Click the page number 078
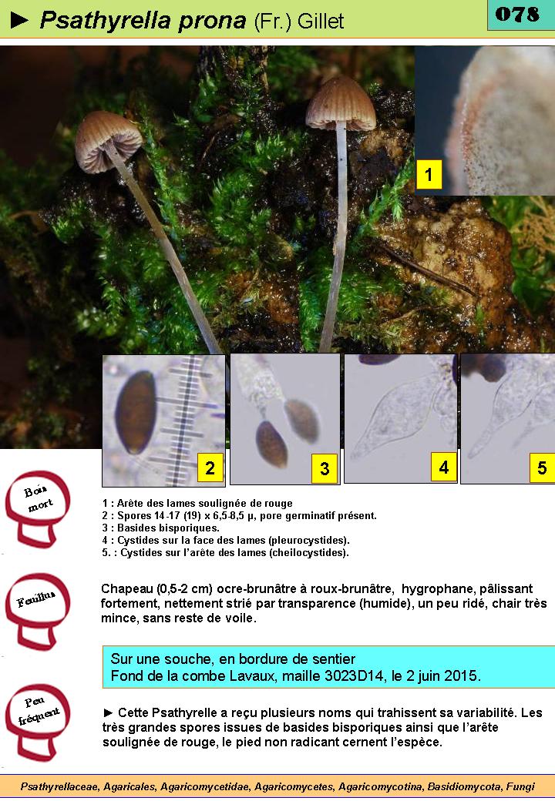tap(517, 14)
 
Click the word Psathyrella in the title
tap(105, 21)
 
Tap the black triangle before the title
tap(19, 20)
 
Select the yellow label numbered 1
tap(429, 174)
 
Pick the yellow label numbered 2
tap(210, 468)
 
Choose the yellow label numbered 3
tap(325, 468)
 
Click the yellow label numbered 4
tap(443, 467)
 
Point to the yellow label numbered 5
tap(542, 467)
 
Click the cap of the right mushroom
tap(341, 103)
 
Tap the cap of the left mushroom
tap(108, 142)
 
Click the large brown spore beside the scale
tap(136, 413)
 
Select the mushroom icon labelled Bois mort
tap(38, 508)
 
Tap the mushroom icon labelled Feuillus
tap(38, 611)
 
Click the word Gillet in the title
tap(321, 22)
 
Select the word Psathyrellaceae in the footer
tap(59, 786)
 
